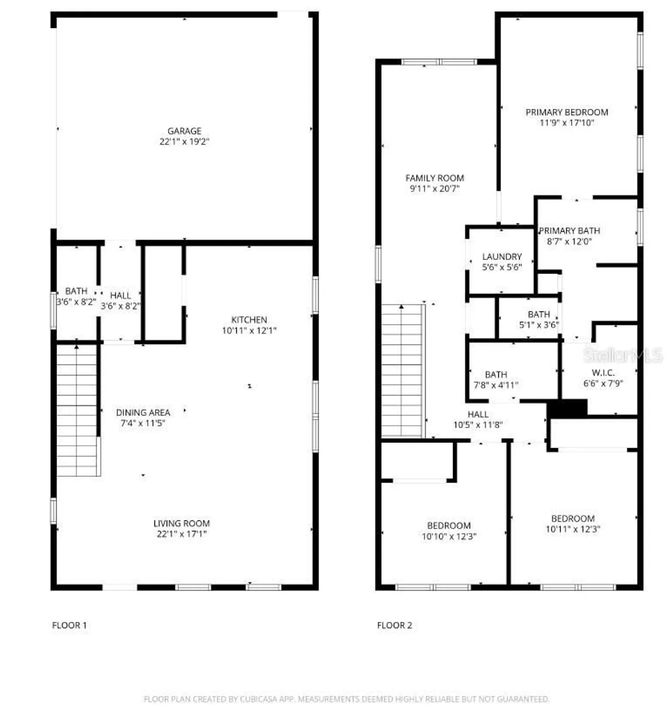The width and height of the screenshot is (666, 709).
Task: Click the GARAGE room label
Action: tap(184, 131)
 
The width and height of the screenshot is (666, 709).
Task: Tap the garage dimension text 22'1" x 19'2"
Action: tap(184, 141)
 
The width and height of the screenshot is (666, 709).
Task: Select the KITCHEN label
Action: tap(249, 320)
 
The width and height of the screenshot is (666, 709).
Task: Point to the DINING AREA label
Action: tap(143, 413)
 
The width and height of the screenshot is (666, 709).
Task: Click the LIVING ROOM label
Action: tap(181, 523)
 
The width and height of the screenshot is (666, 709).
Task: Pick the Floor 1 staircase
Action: tap(77, 410)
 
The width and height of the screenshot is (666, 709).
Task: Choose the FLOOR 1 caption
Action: tap(69, 625)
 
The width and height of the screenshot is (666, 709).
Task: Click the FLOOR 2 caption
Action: tap(394, 625)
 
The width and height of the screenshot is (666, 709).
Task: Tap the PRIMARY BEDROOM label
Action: tap(567, 112)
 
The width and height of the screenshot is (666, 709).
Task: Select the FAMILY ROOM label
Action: tap(435, 178)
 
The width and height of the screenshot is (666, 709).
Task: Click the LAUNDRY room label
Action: tap(502, 257)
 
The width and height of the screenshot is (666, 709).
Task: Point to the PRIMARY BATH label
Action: tap(570, 231)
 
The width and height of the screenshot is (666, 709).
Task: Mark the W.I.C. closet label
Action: tap(603, 373)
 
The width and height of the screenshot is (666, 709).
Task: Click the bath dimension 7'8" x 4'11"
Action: tap(496, 385)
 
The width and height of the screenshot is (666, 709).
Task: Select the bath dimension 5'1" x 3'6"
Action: tap(539, 325)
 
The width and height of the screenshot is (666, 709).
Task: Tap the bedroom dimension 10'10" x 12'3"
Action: tap(449, 536)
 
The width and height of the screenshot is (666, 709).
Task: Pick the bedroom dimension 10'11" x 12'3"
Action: tap(573, 529)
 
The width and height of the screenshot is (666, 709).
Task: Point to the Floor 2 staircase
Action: tap(401, 371)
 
